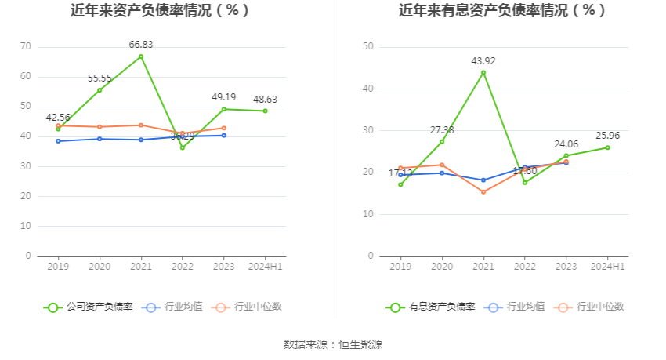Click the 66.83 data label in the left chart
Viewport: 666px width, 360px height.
pyautogui.click(x=141, y=45)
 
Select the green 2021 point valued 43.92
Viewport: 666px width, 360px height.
pyautogui.click(x=483, y=73)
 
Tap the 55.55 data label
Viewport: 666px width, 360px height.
pyautogui.click(x=100, y=78)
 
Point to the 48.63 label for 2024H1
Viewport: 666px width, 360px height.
pyautogui.click(x=265, y=100)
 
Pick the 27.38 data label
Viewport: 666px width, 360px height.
pyautogui.click(x=442, y=129)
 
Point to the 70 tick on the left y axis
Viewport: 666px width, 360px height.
pyautogui.click(x=26, y=47)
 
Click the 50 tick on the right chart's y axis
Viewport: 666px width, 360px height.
pyautogui.click(x=368, y=47)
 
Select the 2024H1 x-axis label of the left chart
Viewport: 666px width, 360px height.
pyautogui.click(x=265, y=267)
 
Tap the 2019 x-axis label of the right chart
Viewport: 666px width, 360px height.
pyautogui.click(x=400, y=267)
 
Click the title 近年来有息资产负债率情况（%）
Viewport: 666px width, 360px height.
pyautogui.click(x=502, y=11)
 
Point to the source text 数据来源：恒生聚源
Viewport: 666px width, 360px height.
pyautogui.click(x=333, y=344)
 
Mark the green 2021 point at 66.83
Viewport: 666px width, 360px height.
pyautogui.click(x=141, y=56)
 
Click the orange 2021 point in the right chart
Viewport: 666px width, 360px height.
pyautogui.click(x=483, y=191)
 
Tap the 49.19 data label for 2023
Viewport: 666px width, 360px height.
pyautogui.click(x=224, y=97)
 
